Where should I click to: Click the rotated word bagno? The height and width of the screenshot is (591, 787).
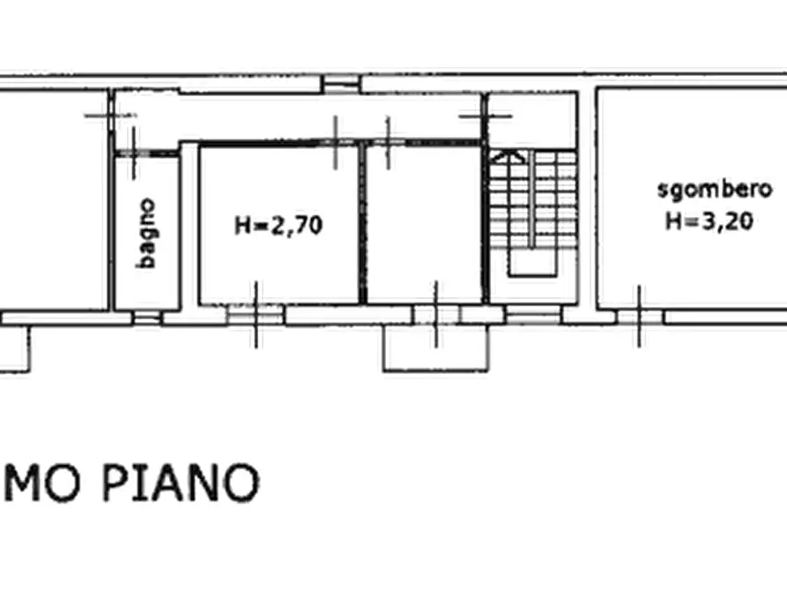[147, 233]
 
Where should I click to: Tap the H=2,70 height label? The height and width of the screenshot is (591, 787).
[278, 226]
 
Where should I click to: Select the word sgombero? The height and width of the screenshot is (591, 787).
[715, 189]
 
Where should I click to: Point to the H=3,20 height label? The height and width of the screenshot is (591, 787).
[709, 221]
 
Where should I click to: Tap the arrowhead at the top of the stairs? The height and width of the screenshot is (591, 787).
[509, 156]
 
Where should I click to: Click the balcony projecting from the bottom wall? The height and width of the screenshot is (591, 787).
[435, 349]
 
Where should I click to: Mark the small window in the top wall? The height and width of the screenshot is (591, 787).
[341, 85]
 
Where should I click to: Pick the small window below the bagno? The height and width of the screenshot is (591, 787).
[147, 316]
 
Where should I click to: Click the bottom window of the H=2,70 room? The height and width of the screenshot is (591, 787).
[256, 314]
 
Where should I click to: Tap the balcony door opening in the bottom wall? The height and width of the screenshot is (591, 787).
[435, 315]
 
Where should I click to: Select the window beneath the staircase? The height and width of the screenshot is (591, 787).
[532, 315]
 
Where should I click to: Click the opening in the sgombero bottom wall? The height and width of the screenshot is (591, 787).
[639, 316]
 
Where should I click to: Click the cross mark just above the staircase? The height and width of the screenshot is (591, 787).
[498, 115]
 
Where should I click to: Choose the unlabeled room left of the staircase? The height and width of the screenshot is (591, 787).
[423, 225]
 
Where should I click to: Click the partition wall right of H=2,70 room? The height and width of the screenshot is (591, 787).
[361, 225]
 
